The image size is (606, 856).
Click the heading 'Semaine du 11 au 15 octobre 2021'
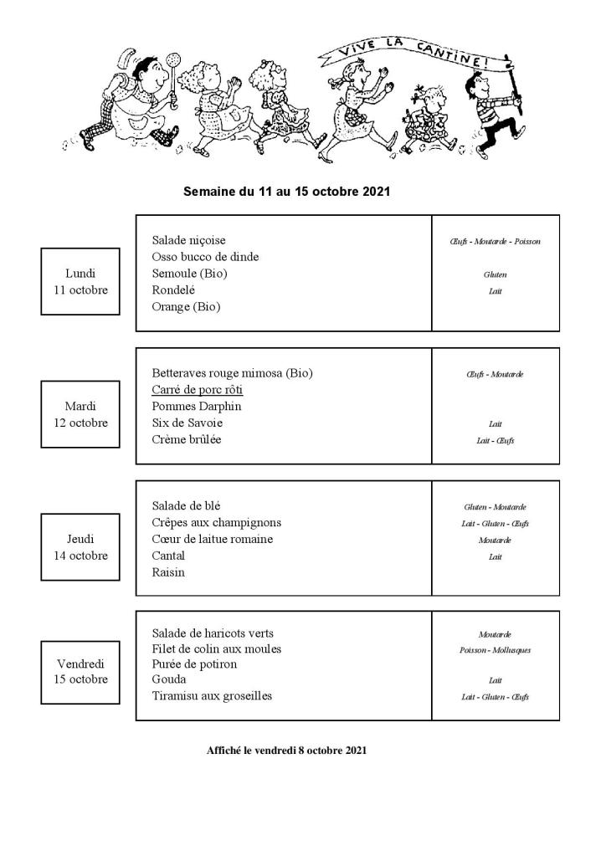286,192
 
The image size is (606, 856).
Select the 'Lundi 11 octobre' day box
80,281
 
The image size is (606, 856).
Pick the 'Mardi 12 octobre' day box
80,414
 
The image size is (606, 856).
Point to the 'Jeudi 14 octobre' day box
80,547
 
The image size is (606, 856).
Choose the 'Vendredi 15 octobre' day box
80,671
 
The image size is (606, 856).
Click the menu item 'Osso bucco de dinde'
205,257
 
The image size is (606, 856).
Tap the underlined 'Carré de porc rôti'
198,390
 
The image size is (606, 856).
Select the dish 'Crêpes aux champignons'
211,523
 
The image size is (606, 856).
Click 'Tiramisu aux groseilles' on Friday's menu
212,696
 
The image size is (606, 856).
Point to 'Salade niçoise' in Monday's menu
189,240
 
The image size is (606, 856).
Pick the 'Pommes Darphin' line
197,407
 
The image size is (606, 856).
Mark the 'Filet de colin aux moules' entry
217,648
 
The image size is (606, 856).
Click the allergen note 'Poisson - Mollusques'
495,650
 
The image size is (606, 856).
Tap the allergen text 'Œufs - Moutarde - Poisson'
495,242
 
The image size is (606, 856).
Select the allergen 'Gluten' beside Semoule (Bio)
495,274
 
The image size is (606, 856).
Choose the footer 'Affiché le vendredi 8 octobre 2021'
286,751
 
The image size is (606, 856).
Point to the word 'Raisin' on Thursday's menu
168,572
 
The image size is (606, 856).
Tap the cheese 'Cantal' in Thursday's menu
168,556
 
